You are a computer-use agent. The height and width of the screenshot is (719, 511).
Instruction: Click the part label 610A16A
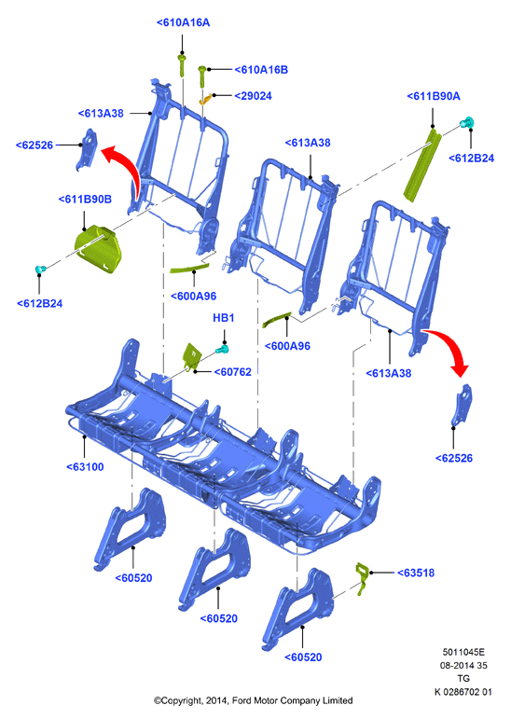click(183, 22)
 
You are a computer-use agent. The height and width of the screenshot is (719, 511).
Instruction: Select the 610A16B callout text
click(261, 70)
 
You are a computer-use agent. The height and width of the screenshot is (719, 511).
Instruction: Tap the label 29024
click(254, 96)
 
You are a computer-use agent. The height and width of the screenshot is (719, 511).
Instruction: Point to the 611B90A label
click(434, 96)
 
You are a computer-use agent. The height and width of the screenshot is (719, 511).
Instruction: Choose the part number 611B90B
click(85, 199)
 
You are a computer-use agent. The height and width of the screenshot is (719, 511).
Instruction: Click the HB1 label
click(224, 318)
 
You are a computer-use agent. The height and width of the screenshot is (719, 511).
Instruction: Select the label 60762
click(233, 372)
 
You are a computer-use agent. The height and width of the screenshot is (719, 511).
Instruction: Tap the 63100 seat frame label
click(85, 467)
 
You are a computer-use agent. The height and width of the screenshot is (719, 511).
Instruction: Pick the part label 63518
click(416, 573)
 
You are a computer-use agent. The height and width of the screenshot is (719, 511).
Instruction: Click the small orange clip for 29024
click(205, 99)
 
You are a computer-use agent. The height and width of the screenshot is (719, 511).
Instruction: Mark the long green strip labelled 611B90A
click(422, 165)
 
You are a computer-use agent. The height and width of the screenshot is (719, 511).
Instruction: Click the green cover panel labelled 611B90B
click(98, 250)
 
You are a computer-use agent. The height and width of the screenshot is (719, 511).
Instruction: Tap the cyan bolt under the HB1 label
click(223, 351)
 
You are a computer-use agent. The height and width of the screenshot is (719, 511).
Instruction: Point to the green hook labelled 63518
click(362, 578)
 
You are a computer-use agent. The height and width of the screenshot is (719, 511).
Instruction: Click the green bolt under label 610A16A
click(182, 65)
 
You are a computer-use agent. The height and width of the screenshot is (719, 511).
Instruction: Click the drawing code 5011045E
click(463, 652)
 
